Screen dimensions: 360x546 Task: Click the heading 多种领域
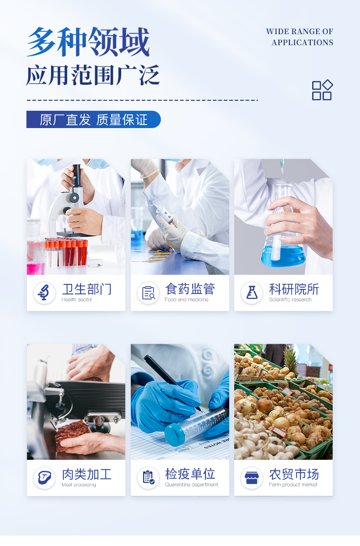click(x=88, y=42)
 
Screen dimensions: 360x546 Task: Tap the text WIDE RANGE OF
click(x=299, y=31)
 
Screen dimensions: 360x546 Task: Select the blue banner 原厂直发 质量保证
click(x=93, y=119)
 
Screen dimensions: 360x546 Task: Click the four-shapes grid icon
click(x=322, y=90)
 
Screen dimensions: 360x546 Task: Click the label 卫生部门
click(x=87, y=289)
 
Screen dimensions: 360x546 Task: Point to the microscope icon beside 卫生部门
click(x=44, y=293)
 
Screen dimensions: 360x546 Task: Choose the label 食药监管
click(x=190, y=288)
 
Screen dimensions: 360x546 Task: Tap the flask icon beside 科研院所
click(x=252, y=293)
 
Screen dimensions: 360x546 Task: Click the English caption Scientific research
click(x=290, y=299)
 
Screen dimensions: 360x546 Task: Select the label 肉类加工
click(x=87, y=474)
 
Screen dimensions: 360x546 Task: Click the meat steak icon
click(x=44, y=477)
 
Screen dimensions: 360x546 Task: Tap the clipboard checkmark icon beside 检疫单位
click(x=148, y=477)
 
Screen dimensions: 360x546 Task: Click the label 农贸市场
click(x=294, y=474)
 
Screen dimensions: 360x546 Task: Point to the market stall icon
click(x=252, y=477)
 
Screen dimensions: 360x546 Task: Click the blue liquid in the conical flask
click(x=283, y=256)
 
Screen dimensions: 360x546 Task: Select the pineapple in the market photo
click(x=291, y=361)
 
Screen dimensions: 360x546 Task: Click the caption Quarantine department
click(x=191, y=484)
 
